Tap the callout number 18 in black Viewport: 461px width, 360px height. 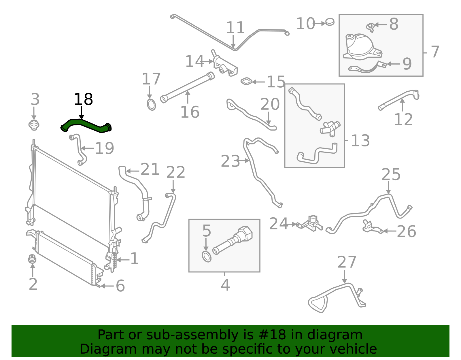click(x=83, y=99)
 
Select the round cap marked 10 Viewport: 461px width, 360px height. click(x=330, y=22)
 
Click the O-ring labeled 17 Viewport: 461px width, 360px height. click(x=151, y=105)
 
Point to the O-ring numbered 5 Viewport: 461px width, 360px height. click(x=206, y=257)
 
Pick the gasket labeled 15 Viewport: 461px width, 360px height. click(x=247, y=82)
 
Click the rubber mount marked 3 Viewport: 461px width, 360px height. click(x=34, y=125)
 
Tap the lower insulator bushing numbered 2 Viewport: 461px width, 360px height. click(x=32, y=259)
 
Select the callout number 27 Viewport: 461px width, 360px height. click(x=347, y=262)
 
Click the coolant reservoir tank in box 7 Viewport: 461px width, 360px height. click(x=360, y=48)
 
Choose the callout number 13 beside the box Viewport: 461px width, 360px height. click(x=360, y=141)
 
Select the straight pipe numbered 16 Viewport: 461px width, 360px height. click(x=187, y=86)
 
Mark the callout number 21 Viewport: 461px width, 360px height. click(x=150, y=169)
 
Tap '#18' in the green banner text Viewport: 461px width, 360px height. click(x=272, y=335)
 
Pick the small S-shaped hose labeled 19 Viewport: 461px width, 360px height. click(x=78, y=149)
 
